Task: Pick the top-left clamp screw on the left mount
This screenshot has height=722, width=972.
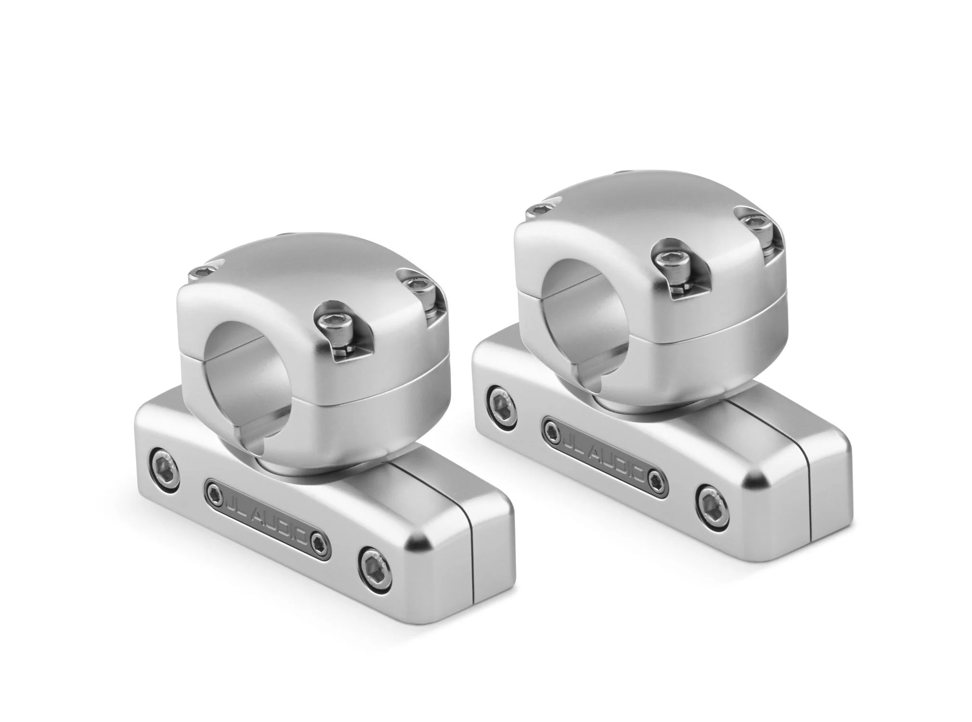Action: point(198,274)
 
